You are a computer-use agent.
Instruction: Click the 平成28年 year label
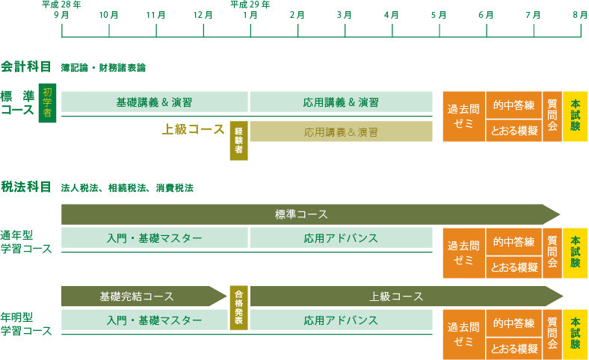pyautogui.click(x=61, y=4)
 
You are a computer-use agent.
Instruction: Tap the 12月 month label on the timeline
pyautogui.click(x=203, y=15)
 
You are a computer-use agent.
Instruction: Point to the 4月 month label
pyautogui.click(x=392, y=15)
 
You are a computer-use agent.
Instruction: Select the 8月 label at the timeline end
pyautogui.click(x=580, y=15)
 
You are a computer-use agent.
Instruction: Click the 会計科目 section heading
pyautogui.click(x=26, y=66)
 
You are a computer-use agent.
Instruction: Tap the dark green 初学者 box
pyautogui.click(x=47, y=103)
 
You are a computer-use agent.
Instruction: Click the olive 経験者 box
pyautogui.click(x=239, y=140)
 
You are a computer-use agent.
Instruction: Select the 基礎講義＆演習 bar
pyautogui.click(x=155, y=102)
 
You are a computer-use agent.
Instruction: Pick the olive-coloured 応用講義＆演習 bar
pyautogui.click(x=341, y=131)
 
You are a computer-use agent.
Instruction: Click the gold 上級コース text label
pyautogui.click(x=193, y=129)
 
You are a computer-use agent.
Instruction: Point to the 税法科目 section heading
pyautogui.click(x=26, y=187)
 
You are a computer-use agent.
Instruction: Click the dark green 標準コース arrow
pyautogui.click(x=310, y=214)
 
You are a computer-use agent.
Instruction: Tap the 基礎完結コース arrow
pyautogui.click(x=144, y=297)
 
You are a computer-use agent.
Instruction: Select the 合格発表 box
pyautogui.click(x=239, y=308)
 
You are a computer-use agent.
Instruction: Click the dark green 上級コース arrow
pyautogui.click(x=407, y=297)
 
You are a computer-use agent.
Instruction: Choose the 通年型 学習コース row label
pyautogui.click(x=26, y=242)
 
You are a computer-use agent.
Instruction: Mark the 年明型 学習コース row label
pyautogui.click(x=26, y=324)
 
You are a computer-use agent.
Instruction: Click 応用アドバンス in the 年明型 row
pyautogui.click(x=341, y=320)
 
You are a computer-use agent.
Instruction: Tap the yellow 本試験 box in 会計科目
pyautogui.click(x=575, y=117)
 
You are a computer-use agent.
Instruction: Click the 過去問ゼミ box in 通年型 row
pyautogui.click(x=464, y=253)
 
